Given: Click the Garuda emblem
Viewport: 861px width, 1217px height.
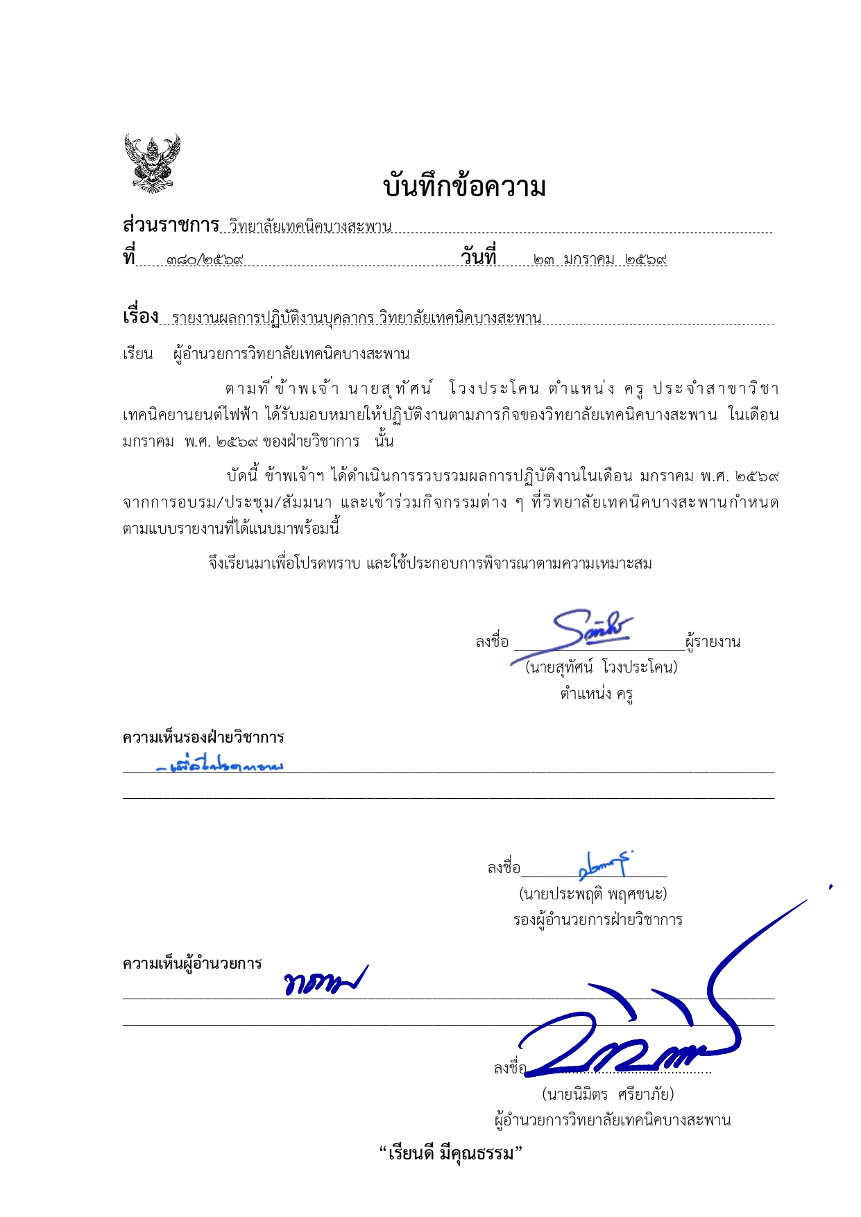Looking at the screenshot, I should (152, 163).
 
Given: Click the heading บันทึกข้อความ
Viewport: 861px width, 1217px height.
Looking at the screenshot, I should (464, 187).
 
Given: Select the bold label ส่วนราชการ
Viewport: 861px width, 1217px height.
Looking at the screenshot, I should (171, 225).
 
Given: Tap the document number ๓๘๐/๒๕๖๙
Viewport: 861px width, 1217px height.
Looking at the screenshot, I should (205, 260).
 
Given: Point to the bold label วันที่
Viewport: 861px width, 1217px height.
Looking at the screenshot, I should (479, 257).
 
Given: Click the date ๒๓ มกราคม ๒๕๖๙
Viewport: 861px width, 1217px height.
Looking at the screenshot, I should (599, 260).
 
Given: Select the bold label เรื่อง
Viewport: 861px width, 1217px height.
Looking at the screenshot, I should (140, 317).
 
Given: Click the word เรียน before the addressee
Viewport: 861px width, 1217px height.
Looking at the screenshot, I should (137, 354).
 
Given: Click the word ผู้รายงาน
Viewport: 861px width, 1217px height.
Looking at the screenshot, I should (713, 642).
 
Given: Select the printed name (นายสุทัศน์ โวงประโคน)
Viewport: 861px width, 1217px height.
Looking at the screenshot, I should (601, 667).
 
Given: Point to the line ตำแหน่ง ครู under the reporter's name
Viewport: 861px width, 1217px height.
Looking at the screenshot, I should (597, 693).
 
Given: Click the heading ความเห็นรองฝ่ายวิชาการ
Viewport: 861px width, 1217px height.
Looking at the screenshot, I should (203, 737).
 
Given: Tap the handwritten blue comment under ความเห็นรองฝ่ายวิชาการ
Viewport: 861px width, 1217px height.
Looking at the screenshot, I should (221, 766).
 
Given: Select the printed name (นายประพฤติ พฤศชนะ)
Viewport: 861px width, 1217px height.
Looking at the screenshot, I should (593, 894).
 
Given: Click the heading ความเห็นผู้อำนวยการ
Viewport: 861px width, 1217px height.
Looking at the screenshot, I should (192, 963).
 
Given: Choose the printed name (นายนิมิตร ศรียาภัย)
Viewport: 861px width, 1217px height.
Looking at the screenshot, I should (608, 1094).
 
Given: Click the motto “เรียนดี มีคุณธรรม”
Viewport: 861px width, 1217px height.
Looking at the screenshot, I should (450, 1154).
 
